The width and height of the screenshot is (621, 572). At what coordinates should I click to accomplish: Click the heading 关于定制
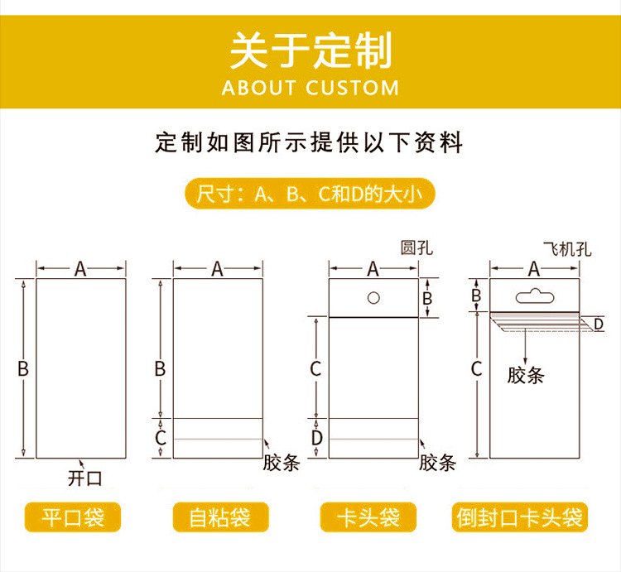tap(310, 50)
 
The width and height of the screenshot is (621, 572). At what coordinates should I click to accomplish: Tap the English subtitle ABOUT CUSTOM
tap(310, 88)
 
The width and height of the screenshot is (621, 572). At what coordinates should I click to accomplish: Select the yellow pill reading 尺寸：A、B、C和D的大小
tap(310, 194)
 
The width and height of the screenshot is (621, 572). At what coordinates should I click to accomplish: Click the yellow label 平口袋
tap(73, 517)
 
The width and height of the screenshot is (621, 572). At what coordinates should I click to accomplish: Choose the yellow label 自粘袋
tap(220, 517)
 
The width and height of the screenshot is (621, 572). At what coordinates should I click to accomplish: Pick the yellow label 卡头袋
tap(368, 517)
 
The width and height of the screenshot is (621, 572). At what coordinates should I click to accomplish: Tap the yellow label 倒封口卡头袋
tap(520, 517)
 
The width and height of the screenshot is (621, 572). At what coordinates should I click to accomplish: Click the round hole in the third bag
tap(373, 298)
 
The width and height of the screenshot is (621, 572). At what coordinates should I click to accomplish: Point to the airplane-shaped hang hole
tap(535, 296)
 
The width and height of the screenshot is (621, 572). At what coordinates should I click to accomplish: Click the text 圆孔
tap(416, 248)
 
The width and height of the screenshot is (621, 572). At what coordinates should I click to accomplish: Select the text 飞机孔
tap(567, 249)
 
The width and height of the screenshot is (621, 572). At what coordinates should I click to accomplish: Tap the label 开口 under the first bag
tap(84, 478)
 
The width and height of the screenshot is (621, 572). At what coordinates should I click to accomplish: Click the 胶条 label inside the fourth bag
tap(526, 375)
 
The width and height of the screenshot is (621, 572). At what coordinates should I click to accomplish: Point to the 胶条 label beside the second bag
tap(282, 463)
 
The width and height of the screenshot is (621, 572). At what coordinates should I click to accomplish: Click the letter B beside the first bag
tap(23, 368)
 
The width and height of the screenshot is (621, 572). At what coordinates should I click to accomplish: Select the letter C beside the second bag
tap(161, 438)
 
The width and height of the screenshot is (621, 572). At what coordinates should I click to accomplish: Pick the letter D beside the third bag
tap(317, 438)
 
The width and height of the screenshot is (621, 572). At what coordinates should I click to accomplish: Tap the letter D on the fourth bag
tap(598, 324)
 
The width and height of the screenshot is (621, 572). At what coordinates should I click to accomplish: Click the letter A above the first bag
tap(80, 270)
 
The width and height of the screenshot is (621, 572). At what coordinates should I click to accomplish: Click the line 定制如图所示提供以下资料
tap(309, 142)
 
